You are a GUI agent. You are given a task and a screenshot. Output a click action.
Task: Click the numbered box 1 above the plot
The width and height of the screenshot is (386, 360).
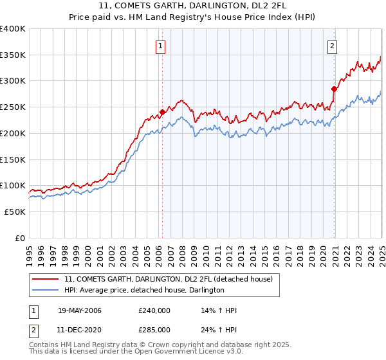pos(160,46)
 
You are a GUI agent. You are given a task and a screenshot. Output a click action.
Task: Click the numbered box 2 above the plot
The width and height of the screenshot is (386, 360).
pos(332,46)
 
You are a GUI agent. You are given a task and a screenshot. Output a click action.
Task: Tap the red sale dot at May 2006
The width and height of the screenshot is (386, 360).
pos(162,112)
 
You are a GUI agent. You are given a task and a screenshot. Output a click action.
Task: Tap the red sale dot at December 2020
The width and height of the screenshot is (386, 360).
pos(334,89)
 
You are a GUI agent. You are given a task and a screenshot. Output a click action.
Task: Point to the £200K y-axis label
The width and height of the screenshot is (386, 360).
pos(13,133)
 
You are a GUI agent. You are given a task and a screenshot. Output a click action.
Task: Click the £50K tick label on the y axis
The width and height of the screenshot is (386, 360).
pos(15,212)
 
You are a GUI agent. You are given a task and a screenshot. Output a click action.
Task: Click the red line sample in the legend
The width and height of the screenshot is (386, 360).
pos(45,279)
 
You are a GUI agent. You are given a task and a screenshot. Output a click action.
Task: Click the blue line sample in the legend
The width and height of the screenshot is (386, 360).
pos(45,290)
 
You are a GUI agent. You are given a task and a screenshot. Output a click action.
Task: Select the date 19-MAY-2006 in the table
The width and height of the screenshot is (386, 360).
pos(79,310)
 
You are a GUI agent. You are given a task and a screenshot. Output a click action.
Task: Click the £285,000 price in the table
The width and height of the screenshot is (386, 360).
pos(154,329)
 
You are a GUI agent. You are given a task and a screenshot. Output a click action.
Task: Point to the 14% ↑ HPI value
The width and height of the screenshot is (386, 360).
pos(219,310)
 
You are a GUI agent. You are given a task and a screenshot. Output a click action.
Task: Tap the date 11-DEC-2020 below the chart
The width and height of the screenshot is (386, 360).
pos(79,329)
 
